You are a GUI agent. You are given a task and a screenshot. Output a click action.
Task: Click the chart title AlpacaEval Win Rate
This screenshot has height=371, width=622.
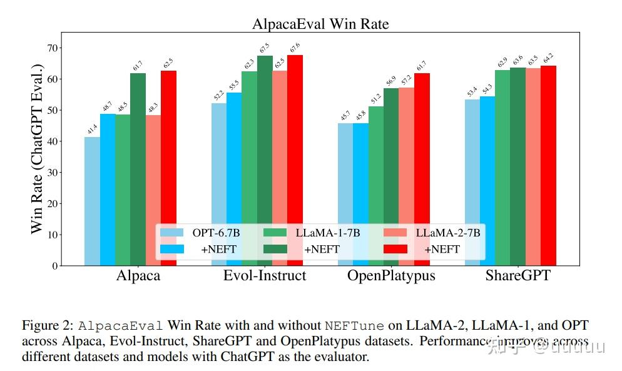(320, 24)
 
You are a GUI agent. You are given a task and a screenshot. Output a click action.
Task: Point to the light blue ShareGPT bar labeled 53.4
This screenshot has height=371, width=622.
(472, 182)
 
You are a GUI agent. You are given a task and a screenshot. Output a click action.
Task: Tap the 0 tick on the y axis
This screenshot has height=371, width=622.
(55, 266)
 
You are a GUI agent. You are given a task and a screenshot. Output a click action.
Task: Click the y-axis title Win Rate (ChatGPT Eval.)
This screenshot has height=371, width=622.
(37, 148)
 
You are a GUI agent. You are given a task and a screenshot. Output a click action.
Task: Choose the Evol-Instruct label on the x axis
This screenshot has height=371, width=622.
(265, 276)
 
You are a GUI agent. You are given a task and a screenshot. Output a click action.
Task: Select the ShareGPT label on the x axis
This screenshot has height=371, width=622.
(517, 276)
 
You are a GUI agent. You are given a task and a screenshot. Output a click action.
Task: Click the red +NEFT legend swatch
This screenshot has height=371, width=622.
(395, 249)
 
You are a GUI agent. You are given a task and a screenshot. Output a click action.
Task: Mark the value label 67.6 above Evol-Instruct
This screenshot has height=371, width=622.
(295, 48)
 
